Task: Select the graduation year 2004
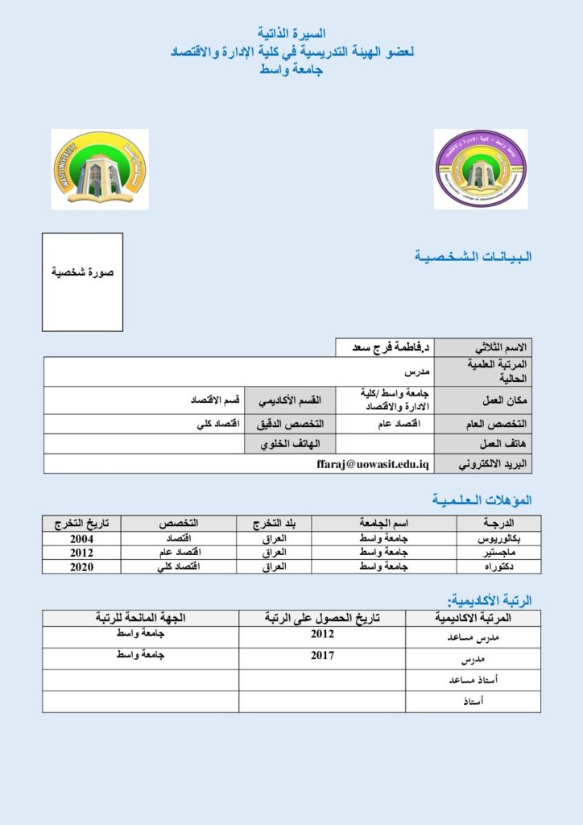point(81,538)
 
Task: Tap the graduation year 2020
point(81,566)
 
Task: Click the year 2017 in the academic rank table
point(322,656)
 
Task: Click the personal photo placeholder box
point(82,282)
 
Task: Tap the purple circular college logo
point(481,169)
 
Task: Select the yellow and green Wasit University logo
point(99,169)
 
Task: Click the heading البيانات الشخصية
point(473,257)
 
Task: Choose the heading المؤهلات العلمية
point(482,500)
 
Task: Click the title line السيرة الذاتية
point(291,34)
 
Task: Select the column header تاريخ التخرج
point(81,524)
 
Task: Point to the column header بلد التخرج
point(273,524)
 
